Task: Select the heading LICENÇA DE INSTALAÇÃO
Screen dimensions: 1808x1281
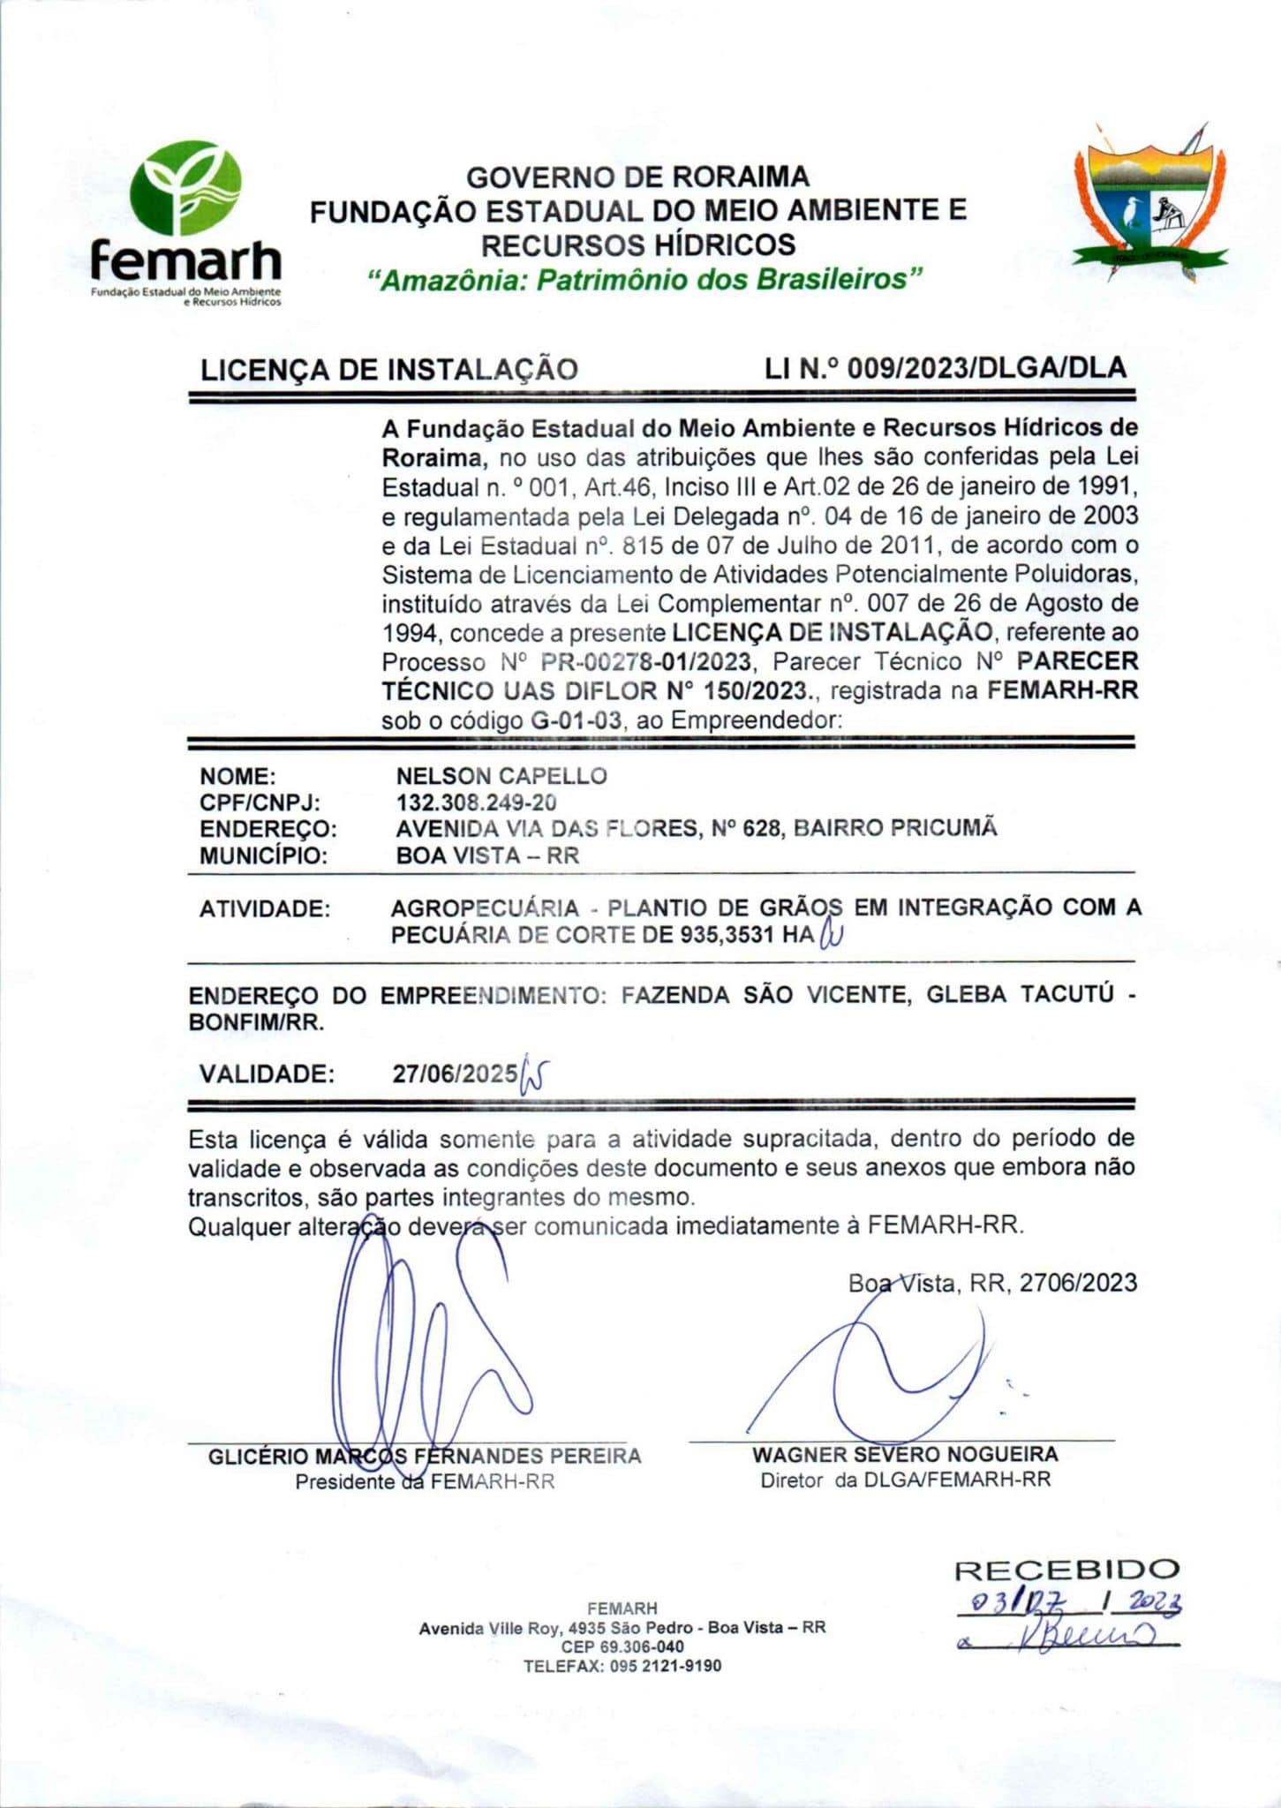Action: click(389, 369)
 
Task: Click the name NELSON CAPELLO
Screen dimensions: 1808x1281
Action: click(501, 776)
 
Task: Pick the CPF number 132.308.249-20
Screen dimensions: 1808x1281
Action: click(476, 802)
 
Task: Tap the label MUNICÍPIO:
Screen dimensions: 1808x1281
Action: click(263, 855)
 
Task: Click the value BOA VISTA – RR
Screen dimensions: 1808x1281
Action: click(487, 855)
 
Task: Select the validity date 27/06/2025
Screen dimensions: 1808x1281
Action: click(455, 1073)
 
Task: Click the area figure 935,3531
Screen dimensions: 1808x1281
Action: click(727, 935)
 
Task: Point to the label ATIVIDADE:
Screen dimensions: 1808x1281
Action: click(265, 908)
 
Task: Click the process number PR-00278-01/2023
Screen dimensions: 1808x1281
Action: click(646, 661)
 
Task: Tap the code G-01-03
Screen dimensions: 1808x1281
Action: click(576, 719)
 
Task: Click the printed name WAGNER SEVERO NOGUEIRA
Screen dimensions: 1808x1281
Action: click(904, 1454)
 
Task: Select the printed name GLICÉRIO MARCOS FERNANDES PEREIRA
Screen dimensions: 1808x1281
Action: click(425, 1456)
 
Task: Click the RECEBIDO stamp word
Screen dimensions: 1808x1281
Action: click(1066, 1570)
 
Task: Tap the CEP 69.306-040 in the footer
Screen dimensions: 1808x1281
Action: click(622, 1646)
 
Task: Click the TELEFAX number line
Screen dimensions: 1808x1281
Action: click(622, 1666)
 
